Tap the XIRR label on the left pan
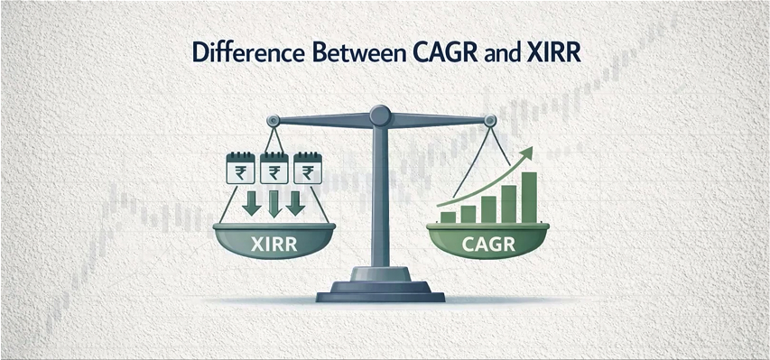pos(272,241)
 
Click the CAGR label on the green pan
pos(491,241)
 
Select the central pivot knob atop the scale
pos(381,115)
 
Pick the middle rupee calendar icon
pos(273,169)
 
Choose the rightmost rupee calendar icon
pos(309,169)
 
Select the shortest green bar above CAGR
pos(447,217)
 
